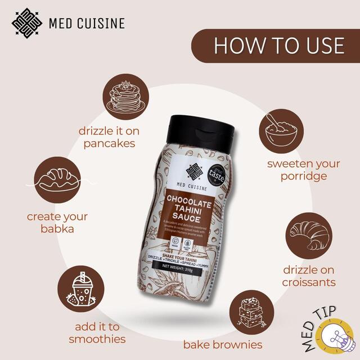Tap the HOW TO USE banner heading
click(279, 46)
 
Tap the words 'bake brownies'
click(231, 344)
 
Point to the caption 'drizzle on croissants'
click(309, 275)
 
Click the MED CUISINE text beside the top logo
click(87, 24)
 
